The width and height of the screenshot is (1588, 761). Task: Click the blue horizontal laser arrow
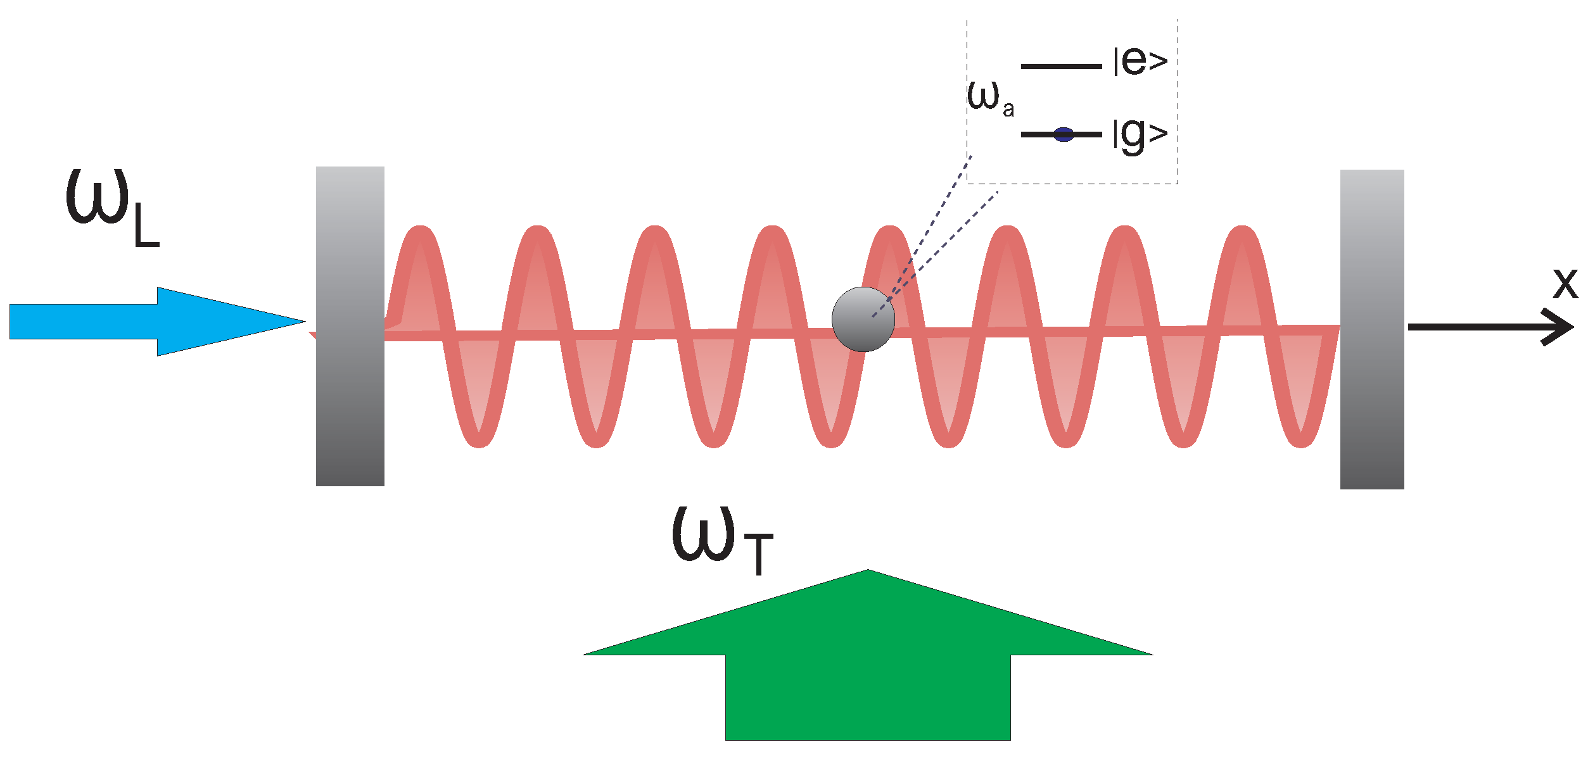point(127,322)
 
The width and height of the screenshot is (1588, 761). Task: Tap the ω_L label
point(111,206)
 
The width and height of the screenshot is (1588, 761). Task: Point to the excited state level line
point(1061,66)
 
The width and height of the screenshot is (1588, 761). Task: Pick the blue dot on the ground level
point(1064,134)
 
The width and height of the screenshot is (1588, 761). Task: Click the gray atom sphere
point(863,320)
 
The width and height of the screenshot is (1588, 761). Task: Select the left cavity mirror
point(350,326)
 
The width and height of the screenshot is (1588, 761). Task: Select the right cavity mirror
point(1372,329)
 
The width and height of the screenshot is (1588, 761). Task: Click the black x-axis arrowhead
point(1561,327)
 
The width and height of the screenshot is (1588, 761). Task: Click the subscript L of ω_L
point(146,228)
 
